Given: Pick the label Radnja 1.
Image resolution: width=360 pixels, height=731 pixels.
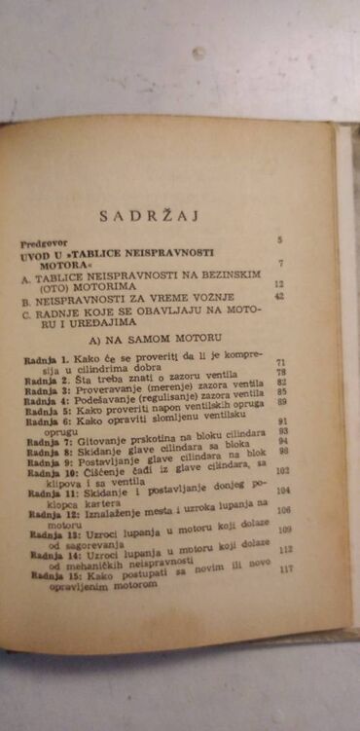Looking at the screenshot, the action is tap(45, 361).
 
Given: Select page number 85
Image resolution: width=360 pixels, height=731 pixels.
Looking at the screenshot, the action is tap(282, 391).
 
